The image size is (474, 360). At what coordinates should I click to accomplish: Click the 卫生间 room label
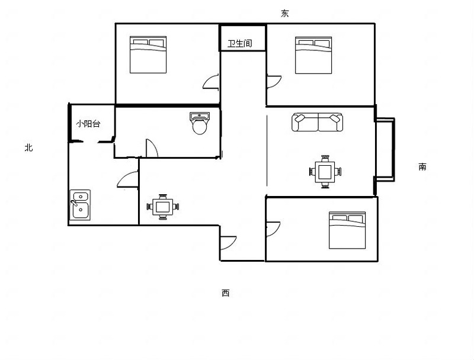click(x=240, y=43)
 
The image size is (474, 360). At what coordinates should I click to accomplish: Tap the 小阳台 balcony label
click(x=88, y=124)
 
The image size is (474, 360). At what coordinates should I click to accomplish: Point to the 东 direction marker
click(x=285, y=13)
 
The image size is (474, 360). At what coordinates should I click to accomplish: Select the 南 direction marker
click(x=422, y=167)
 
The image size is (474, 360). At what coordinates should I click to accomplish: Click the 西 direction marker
click(x=226, y=293)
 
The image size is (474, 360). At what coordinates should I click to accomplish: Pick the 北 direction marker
click(x=28, y=147)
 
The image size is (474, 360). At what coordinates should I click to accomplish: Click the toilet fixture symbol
click(x=200, y=123)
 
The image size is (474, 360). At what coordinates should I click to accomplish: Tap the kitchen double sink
click(x=80, y=204)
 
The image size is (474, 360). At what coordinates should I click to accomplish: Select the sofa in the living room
click(x=317, y=123)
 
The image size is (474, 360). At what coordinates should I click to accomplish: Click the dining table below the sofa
click(x=325, y=172)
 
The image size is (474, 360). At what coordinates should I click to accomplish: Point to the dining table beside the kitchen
click(x=162, y=207)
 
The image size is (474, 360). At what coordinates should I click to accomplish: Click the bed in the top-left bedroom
click(x=148, y=54)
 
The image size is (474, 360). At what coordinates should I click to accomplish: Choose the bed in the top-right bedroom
click(x=313, y=55)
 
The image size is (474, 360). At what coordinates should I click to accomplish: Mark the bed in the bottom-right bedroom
click(x=347, y=230)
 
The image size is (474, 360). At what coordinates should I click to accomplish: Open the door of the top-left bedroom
click(x=212, y=82)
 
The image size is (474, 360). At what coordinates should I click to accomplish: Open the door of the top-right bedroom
click(x=274, y=82)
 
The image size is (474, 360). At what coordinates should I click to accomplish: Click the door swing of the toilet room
click(x=152, y=148)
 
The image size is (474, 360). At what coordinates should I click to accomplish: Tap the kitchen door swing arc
click(x=128, y=179)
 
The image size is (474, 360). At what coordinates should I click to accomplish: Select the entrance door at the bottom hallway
click(x=228, y=243)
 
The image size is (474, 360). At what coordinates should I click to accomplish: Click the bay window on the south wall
click(x=385, y=149)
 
